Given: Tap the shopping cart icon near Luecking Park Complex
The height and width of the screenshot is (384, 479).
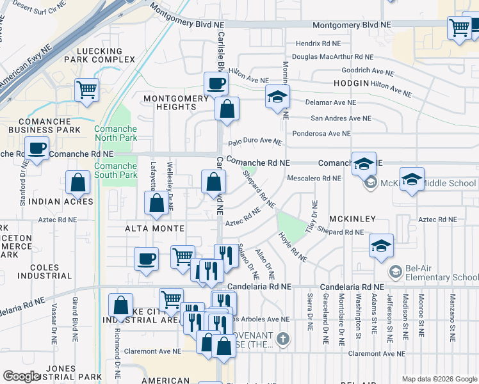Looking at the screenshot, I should point(86,90).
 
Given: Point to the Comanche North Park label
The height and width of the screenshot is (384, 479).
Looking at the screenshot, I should point(115,133).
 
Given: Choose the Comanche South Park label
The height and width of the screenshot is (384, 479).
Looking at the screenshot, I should point(115,170).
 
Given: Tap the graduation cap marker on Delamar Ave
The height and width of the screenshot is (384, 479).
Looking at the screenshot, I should point(277,97).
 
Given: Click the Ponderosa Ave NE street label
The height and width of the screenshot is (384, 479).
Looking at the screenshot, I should point(321,134).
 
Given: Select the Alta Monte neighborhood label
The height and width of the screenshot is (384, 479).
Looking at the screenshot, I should point(154,228).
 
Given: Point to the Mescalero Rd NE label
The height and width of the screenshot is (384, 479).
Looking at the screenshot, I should point(313,178).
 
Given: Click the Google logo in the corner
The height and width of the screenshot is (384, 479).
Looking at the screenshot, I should point(22,376).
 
